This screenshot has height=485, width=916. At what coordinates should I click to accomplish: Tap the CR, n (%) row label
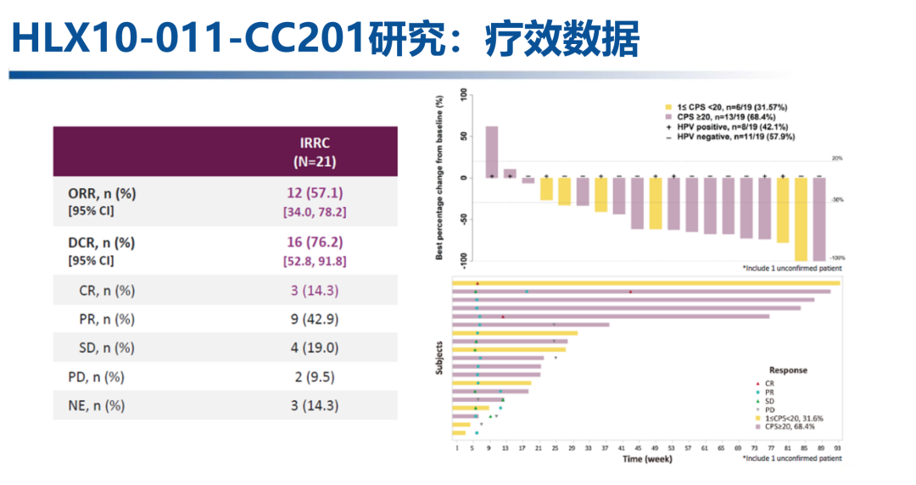pos(103,291)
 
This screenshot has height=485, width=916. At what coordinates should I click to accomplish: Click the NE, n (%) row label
pos(96,405)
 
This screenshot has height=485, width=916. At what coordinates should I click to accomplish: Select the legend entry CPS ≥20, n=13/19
pos(726,117)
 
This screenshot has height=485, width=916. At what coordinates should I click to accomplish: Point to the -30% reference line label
pos(836,200)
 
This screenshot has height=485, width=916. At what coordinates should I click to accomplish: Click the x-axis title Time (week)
pos(648,459)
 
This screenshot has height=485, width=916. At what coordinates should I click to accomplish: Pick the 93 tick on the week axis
pos(838,447)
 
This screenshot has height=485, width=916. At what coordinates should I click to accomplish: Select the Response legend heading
pos(788,371)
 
